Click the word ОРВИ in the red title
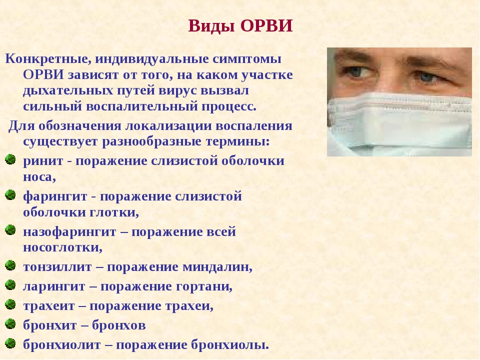pyautogui.click(x=266, y=25)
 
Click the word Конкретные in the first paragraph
pyautogui.click(x=48, y=59)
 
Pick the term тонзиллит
pyautogui.click(x=57, y=267)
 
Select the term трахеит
pyautogui.click(x=49, y=306)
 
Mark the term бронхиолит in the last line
pyautogui.click(x=62, y=345)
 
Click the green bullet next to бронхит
pyautogui.click(x=10, y=324)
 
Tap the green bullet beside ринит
pyautogui.click(x=10, y=159)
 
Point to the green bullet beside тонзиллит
pyautogui.click(x=10, y=265)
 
